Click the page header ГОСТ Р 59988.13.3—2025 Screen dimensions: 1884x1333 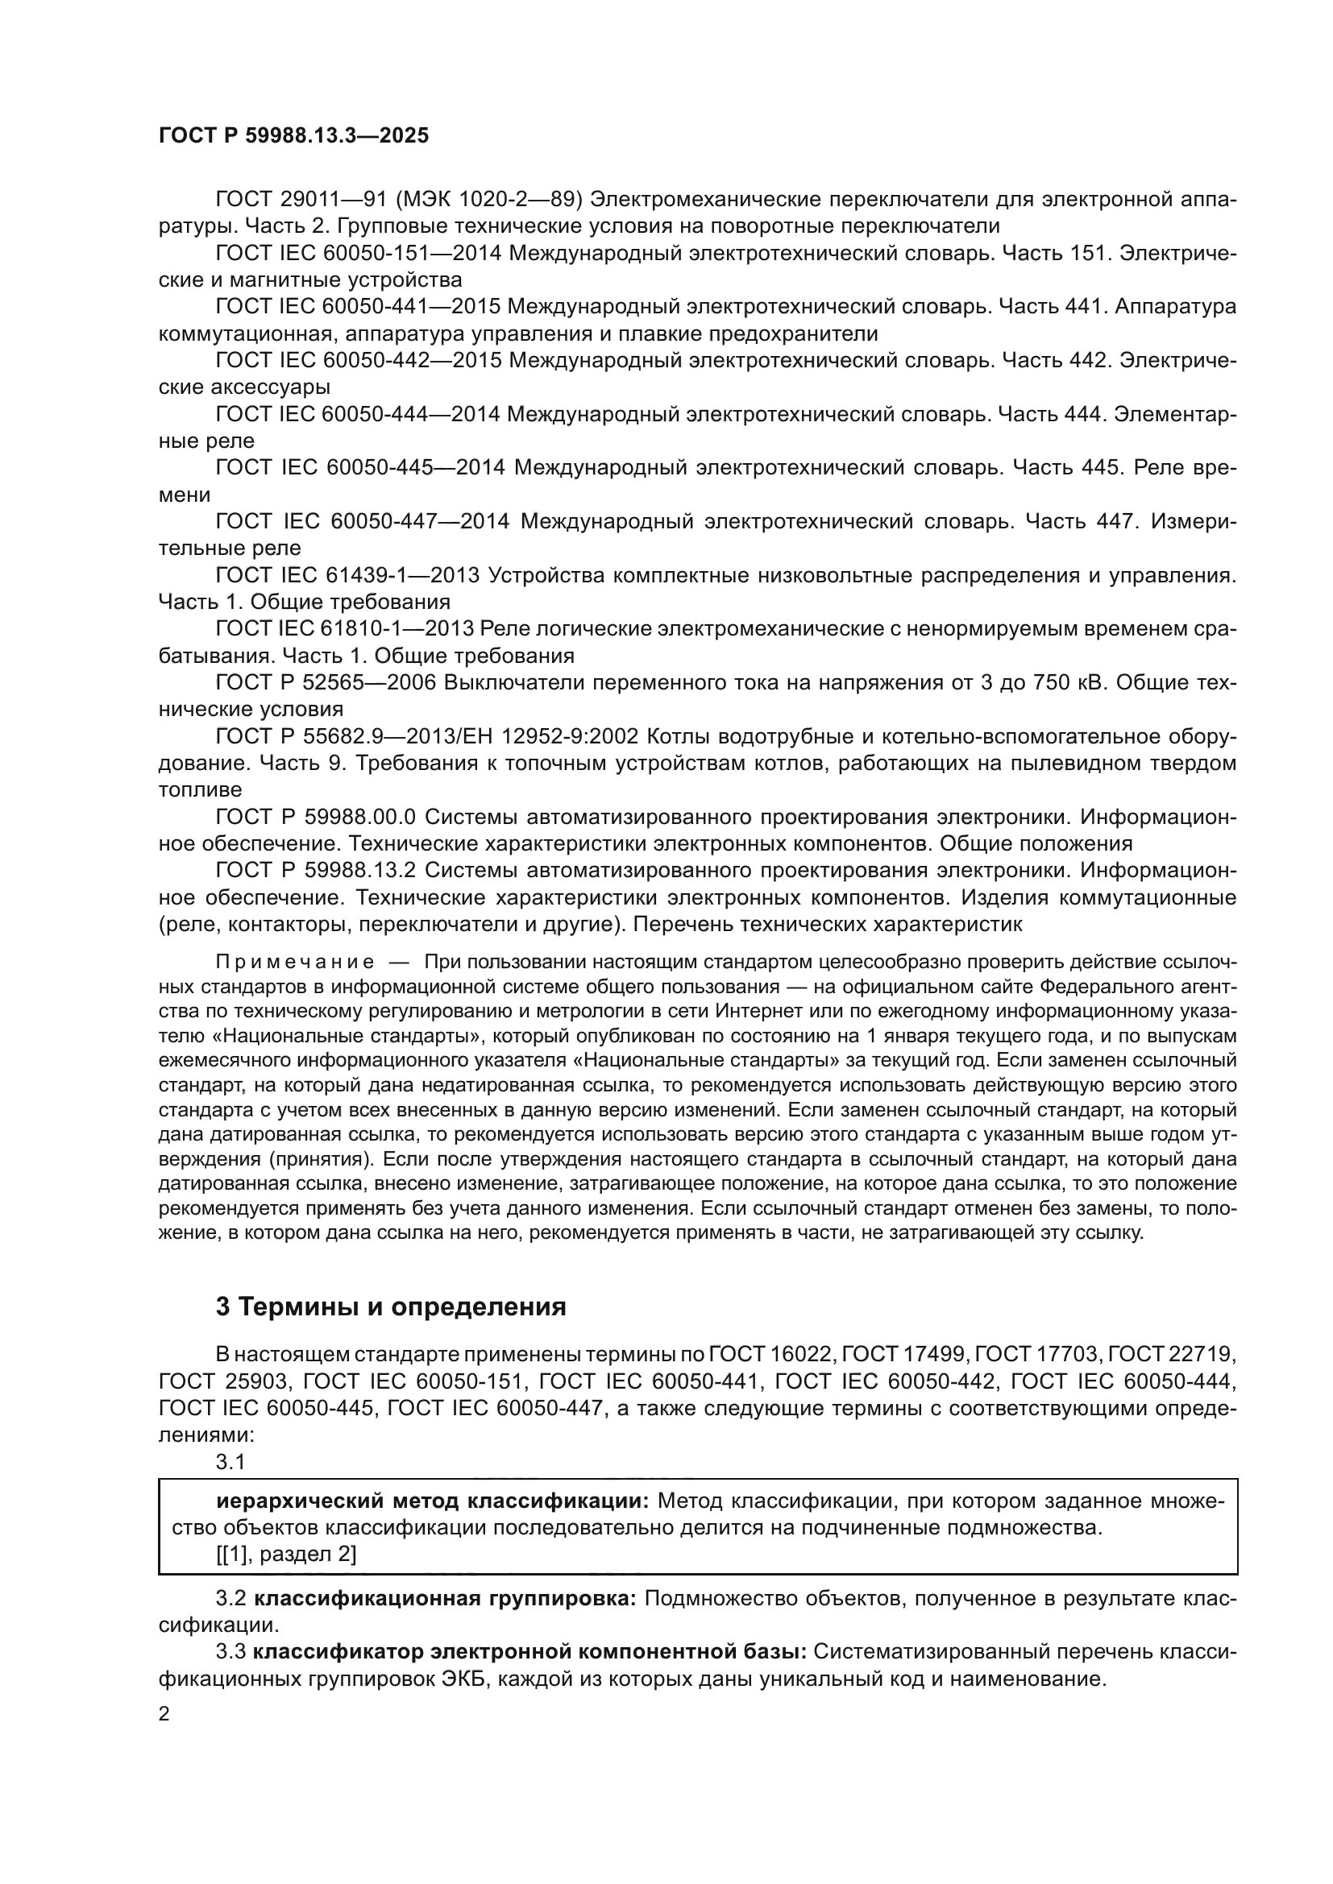(293, 136)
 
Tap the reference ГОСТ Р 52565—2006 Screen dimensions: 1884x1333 (325, 683)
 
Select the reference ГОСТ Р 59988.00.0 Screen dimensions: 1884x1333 (316, 818)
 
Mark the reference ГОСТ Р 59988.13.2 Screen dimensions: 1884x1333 (316, 871)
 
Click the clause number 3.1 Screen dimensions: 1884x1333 (230, 1461)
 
